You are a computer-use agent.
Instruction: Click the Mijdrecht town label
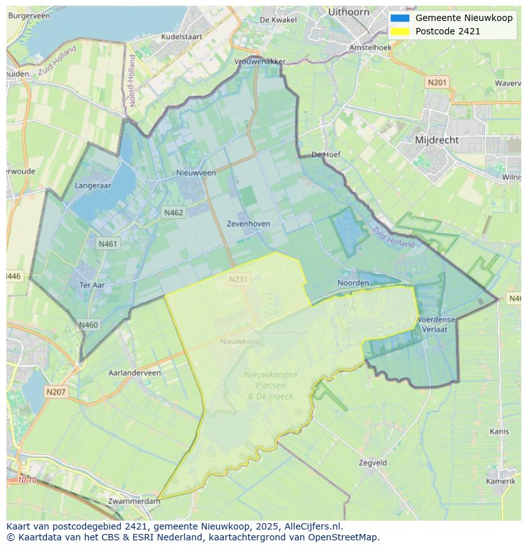[x=436, y=140]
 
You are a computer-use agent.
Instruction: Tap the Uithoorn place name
[x=348, y=12]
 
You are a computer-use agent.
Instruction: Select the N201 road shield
[x=437, y=82]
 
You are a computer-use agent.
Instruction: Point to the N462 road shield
[x=173, y=213]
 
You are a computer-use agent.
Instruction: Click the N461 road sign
[x=108, y=244]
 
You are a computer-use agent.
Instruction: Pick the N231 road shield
[x=238, y=279]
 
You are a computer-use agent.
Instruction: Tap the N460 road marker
[x=88, y=325]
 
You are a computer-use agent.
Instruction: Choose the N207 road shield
[x=55, y=392]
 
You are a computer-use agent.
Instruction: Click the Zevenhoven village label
[x=248, y=224]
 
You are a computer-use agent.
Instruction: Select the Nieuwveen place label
[x=196, y=172]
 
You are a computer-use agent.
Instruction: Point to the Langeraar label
[x=93, y=186]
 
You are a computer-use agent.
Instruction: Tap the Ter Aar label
[x=92, y=285]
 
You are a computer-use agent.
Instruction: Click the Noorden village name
[x=353, y=283]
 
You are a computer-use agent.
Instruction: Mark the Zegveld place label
[x=372, y=463]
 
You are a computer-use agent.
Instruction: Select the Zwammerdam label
[x=134, y=502]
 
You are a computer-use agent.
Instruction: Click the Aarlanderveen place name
[x=135, y=373]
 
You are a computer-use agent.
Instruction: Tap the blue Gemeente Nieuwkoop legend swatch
[x=400, y=18]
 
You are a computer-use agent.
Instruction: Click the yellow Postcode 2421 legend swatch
[x=400, y=31]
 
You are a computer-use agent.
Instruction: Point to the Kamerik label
[x=500, y=481]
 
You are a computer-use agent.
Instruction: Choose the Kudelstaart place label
[x=181, y=37]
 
